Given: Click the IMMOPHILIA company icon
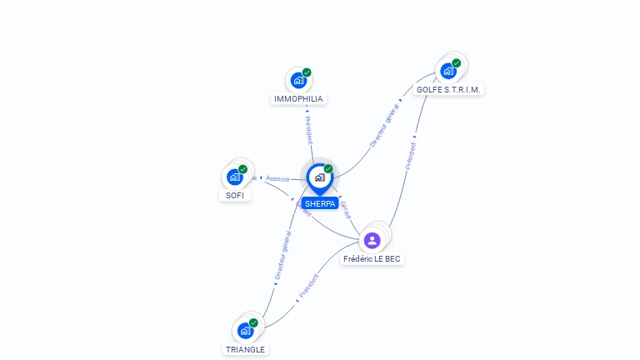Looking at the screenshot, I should (297, 81).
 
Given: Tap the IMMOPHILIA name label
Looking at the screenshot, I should (298, 99).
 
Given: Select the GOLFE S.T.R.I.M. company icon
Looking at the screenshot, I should (448, 71).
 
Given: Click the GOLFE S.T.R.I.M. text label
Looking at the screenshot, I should (449, 89).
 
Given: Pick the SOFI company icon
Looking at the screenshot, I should (235, 177).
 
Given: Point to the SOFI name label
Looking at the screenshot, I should (235, 195).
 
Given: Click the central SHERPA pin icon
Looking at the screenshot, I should (319, 177).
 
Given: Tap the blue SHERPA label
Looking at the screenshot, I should (320, 203).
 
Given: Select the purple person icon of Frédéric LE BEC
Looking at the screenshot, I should (372, 240).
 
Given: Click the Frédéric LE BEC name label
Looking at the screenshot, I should (372, 259).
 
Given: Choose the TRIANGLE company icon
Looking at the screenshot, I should (245, 331).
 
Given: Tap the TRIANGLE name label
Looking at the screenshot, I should (245, 350).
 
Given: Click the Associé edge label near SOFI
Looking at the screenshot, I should (277, 178).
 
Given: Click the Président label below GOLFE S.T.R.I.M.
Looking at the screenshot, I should (411, 152).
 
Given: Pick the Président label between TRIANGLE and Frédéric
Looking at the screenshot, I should (308, 286).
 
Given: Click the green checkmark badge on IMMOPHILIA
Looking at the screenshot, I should (307, 72).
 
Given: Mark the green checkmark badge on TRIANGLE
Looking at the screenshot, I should (253, 322).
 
